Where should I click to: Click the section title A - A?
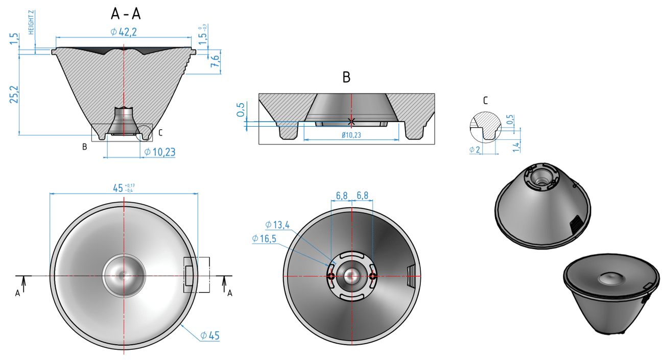click(125, 14)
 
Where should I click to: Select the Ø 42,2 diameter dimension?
click(124, 32)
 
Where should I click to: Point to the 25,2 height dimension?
click(14, 94)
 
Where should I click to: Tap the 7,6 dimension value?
click(216, 62)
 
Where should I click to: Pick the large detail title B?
click(346, 77)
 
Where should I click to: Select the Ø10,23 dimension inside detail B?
click(350, 135)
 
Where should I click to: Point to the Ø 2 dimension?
click(476, 150)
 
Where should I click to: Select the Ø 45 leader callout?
click(209, 335)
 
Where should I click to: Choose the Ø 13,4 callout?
click(277, 225)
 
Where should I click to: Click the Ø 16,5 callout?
click(264, 238)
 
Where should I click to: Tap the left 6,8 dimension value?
click(342, 196)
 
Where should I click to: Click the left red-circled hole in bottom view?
click(330, 276)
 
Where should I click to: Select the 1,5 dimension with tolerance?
click(204, 37)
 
